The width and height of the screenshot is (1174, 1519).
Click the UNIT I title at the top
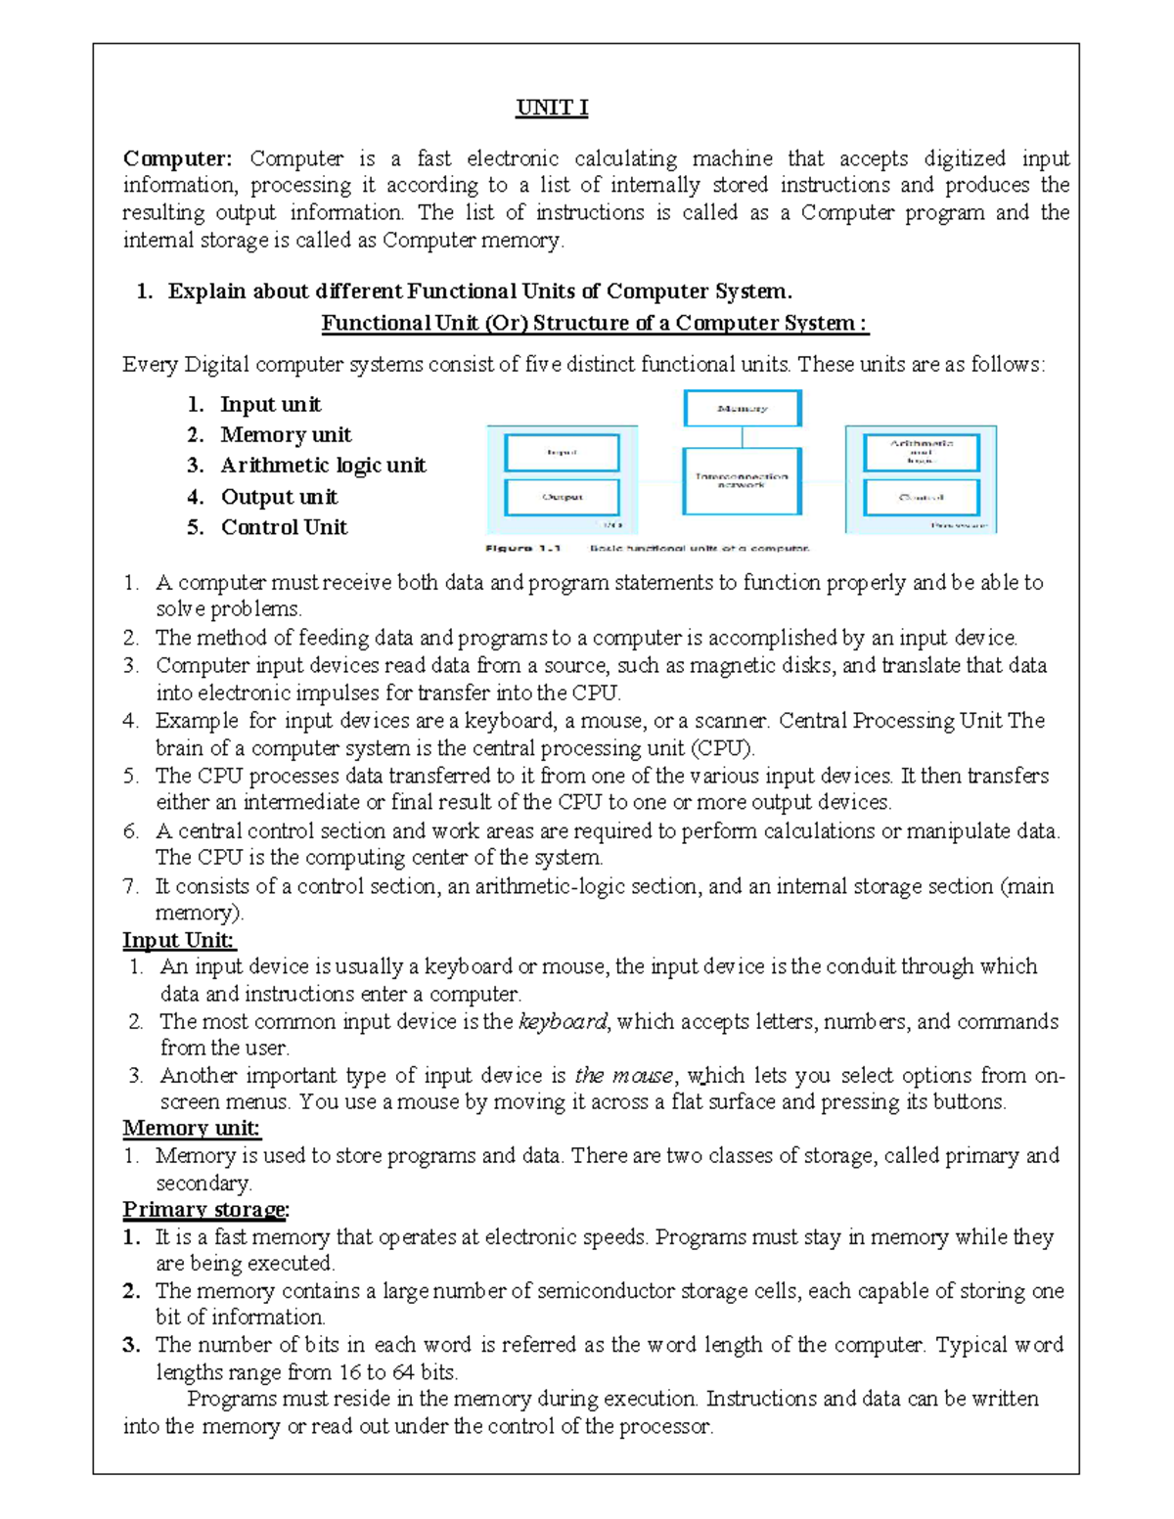tap(552, 108)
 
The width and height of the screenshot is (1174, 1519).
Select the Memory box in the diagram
tap(743, 408)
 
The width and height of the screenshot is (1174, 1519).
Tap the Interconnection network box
tap(743, 480)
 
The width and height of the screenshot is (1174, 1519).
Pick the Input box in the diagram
tap(562, 453)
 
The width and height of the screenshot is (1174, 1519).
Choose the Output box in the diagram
tap(562, 497)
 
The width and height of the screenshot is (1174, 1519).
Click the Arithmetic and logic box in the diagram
tap(921, 452)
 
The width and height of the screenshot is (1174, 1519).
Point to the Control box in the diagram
tap(921, 497)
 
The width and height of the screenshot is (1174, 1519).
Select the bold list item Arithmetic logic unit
tap(323, 466)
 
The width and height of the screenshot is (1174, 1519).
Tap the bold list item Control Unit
tap(284, 527)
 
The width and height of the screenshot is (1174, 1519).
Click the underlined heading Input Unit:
tap(178, 940)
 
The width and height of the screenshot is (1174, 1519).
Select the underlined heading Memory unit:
tap(191, 1128)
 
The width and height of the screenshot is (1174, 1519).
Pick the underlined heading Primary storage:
tap(205, 1210)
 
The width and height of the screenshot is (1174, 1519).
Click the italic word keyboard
tap(563, 1021)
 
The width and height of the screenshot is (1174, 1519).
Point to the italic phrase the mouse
tap(624, 1076)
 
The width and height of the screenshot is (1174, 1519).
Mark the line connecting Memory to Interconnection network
tap(743, 437)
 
